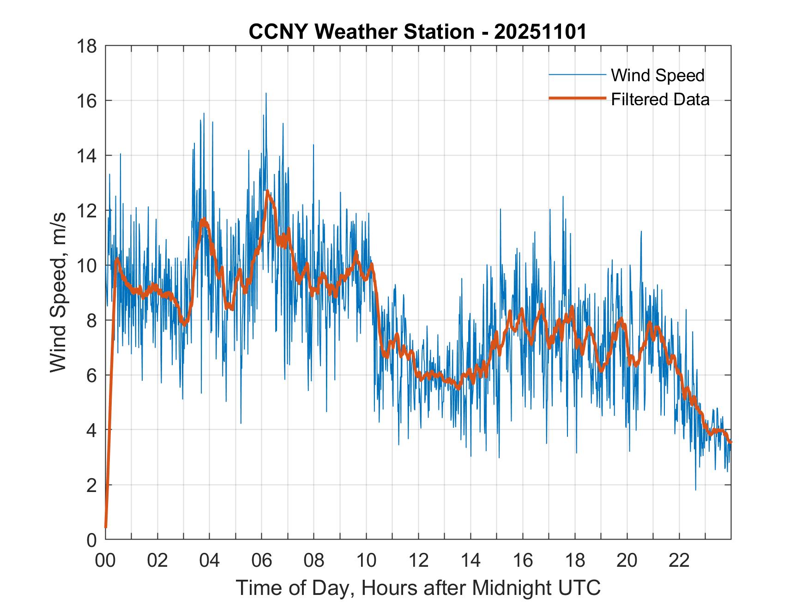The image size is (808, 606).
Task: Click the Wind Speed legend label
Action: pos(657,75)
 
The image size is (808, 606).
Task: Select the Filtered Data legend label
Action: pos(660,99)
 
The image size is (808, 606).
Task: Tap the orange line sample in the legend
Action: pos(577,99)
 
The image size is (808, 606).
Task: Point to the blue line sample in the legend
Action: pos(577,75)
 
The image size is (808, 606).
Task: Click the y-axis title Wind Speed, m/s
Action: pos(59,292)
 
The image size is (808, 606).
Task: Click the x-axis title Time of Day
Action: pos(418,588)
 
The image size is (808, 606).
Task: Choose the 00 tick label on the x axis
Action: pos(105,560)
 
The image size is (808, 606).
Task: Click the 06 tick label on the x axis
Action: pos(262,560)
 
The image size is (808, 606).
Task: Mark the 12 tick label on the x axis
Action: pos(418,560)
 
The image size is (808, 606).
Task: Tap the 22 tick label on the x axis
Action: pos(679,560)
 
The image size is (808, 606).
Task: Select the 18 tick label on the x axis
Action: pos(575,560)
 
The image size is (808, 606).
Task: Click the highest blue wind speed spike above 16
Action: pos(266,94)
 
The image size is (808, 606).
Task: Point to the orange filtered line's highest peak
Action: pos(267,191)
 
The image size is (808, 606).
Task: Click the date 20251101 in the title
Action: pos(540,32)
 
